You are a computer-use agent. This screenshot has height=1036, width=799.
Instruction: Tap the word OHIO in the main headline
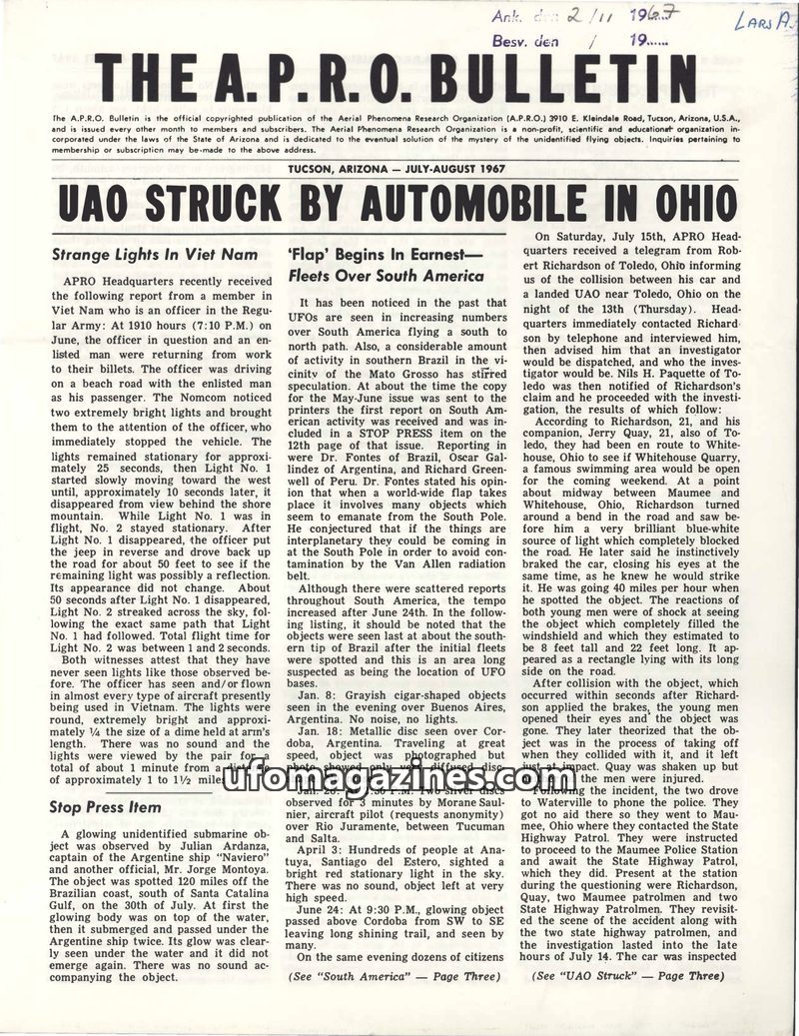681,203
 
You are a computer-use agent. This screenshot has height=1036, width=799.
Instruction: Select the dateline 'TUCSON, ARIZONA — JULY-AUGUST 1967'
399,168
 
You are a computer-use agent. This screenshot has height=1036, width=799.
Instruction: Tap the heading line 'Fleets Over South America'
386,275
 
